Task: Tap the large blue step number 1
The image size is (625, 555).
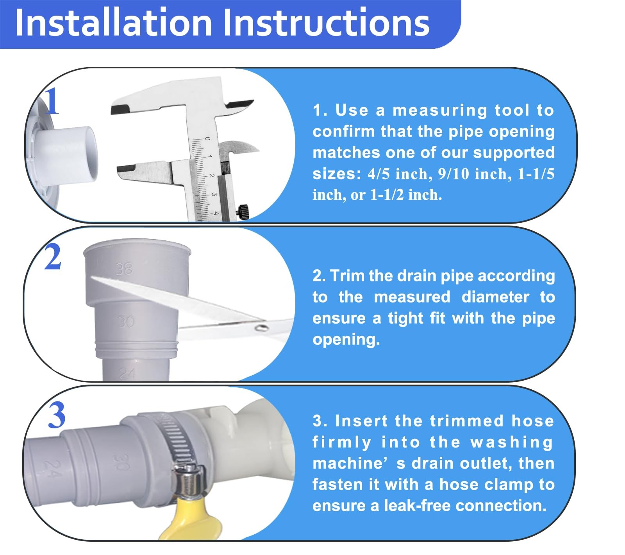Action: click(x=52, y=102)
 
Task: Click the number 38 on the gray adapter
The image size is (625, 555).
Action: click(x=124, y=269)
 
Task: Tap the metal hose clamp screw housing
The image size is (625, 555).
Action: click(x=189, y=479)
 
